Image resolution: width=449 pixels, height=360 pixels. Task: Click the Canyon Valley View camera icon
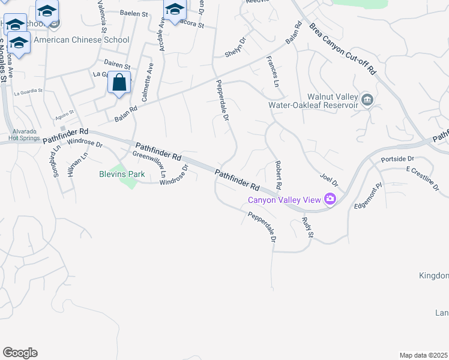coord(330,199)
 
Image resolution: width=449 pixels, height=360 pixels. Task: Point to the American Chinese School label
coord(82,40)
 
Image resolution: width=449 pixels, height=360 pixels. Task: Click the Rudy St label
coord(308,226)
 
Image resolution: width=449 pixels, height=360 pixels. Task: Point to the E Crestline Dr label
coord(424,178)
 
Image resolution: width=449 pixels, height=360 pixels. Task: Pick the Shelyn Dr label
coord(235,48)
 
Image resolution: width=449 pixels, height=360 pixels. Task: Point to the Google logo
coord(20,353)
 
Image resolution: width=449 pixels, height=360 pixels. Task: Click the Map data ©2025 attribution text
coord(424,355)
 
